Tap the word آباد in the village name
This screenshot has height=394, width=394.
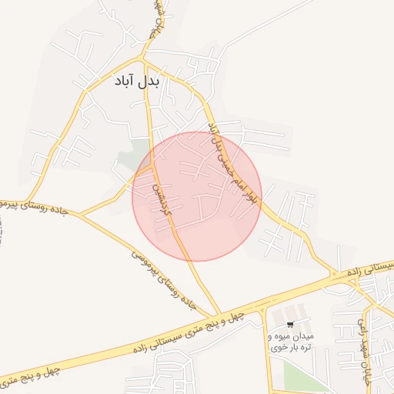coord(126,81)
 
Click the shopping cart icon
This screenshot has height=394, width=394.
coord(289,325)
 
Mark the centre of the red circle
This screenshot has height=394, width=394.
coord(197,196)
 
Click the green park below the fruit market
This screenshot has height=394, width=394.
coord(304,377)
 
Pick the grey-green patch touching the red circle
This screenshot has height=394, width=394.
coord(131,162)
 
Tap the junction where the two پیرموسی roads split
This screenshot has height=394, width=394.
coord(81,215)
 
